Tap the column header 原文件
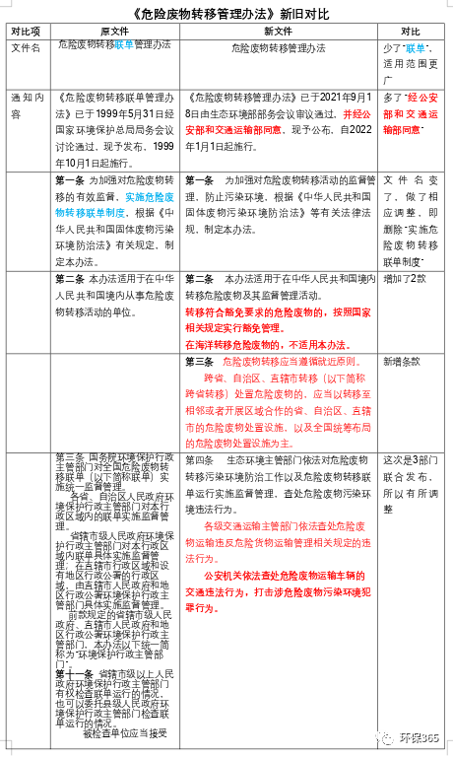(x=113, y=31)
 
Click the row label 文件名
(x=27, y=47)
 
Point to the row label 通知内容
(x=27, y=106)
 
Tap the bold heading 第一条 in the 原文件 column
(x=71, y=182)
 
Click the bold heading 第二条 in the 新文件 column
(x=200, y=280)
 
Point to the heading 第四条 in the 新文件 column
(x=200, y=460)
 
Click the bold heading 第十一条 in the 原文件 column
(x=74, y=672)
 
